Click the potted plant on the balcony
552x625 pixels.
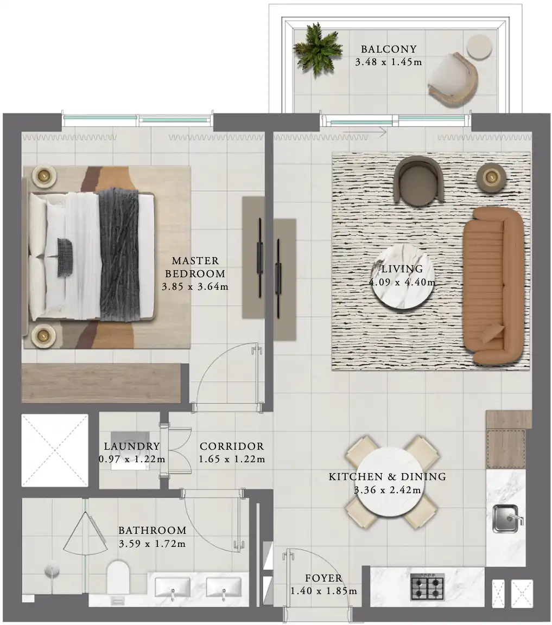pos(318,50)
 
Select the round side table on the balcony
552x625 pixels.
pos(479,47)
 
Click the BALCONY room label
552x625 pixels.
pos(389,49)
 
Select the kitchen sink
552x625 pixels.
pos(506,519)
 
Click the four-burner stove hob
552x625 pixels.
pos(428,587)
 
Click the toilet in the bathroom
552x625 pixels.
pos(118,577)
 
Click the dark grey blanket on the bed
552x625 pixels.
pos(119,254)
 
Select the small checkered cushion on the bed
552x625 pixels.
pos(65,258)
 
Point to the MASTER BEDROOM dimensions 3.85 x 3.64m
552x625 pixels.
pos(195,286)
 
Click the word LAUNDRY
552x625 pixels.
pos(132,447)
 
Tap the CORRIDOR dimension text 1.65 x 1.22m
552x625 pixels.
pos(232,459)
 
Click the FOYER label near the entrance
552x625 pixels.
pos(324,578)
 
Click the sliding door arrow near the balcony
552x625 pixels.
pos(365,131)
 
